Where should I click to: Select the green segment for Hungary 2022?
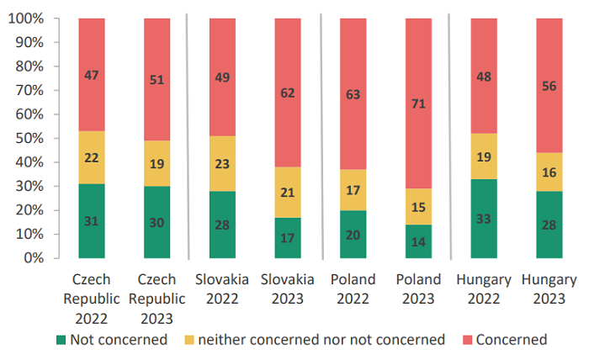(484, 219)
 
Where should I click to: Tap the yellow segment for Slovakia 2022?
(222, 162)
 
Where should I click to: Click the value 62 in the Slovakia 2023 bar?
(288, 93)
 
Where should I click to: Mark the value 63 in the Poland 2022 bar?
(353, 94)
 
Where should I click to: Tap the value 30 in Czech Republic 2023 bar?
(157, 222)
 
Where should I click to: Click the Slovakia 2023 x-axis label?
(288, 289)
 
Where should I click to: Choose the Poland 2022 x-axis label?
(353, 289)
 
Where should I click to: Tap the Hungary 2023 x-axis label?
(549, 289)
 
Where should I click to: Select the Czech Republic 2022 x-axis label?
(92, 299)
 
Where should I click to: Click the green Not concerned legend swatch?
(61, 340)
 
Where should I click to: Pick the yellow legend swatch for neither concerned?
(191, 340)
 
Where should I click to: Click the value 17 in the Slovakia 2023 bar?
(288, 238)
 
